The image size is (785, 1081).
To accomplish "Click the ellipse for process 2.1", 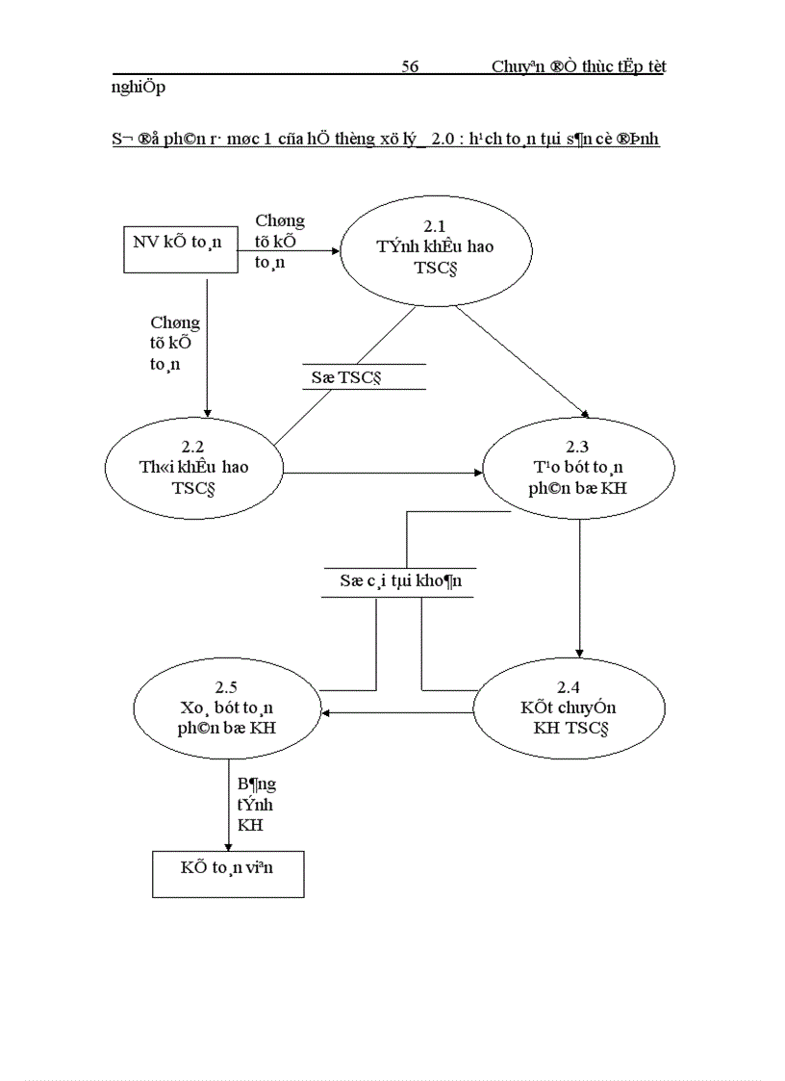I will point(435,247).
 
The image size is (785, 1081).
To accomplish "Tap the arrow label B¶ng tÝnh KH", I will point(255,804).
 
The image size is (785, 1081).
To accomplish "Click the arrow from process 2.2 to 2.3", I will point(385,473).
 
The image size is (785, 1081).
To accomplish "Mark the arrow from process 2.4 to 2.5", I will point(399,713).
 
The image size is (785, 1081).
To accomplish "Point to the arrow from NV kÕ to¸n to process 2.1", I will point(289,251).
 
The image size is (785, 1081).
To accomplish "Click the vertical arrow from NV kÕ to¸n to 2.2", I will point(207,347).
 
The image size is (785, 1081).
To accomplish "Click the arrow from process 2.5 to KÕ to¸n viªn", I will point(228,804).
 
